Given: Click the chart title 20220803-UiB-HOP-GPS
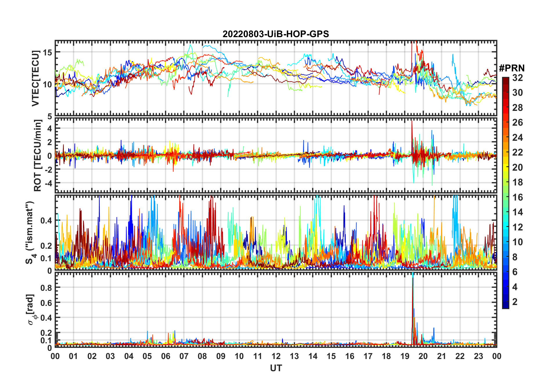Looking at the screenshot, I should [276, 34].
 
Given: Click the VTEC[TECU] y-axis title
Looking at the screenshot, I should [35, 78].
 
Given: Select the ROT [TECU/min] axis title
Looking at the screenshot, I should [38, 156].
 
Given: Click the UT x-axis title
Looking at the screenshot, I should [276, 368].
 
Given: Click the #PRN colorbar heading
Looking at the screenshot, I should [512, 68].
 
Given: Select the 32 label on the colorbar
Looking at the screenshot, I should [517, 78].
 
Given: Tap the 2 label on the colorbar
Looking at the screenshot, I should [515, 302].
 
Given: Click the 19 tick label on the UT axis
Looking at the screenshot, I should [405, 356].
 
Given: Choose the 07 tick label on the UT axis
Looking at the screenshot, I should [184, 356].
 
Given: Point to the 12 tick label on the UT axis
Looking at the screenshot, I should [276, 356].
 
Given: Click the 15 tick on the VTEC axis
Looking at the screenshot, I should [48, 53].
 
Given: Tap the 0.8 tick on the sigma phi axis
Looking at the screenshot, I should [46, 288].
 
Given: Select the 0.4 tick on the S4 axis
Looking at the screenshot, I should [46, 221].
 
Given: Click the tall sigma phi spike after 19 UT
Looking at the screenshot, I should [413, 279].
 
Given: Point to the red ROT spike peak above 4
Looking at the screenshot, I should [412, 121].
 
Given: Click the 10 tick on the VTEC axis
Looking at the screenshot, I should [48, 85].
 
